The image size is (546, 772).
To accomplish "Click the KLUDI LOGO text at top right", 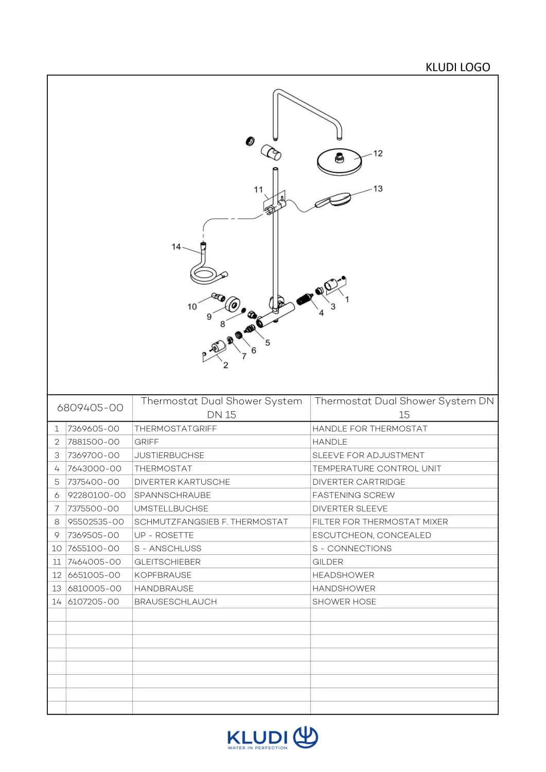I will tap(457, 67).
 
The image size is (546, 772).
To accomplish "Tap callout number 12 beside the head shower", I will tap(378, 153).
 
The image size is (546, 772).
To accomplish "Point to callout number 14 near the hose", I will tap(176, 247).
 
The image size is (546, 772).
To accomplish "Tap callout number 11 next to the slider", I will tap(258, 189).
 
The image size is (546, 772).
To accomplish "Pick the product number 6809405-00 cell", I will tap(90, 408).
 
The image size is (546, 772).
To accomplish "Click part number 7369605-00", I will tap(94, 429).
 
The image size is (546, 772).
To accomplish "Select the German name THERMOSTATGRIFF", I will tap(175, 429).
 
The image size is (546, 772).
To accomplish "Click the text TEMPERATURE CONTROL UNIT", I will tap(377, 468).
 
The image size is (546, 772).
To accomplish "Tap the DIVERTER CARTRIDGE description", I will tap(359, 482).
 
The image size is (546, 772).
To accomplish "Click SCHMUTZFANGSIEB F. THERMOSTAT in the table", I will tap(211, 522).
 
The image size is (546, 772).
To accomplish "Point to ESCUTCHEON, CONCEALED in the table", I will tap(372, 535).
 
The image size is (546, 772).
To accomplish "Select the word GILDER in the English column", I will tap(328, 562).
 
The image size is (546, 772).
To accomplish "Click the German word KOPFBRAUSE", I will tap(163, 575).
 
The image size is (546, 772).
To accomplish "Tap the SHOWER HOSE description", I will tap(344, 602).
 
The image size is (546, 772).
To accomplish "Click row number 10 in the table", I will tap(57, 549).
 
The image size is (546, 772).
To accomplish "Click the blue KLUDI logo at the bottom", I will tap(273, 739).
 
